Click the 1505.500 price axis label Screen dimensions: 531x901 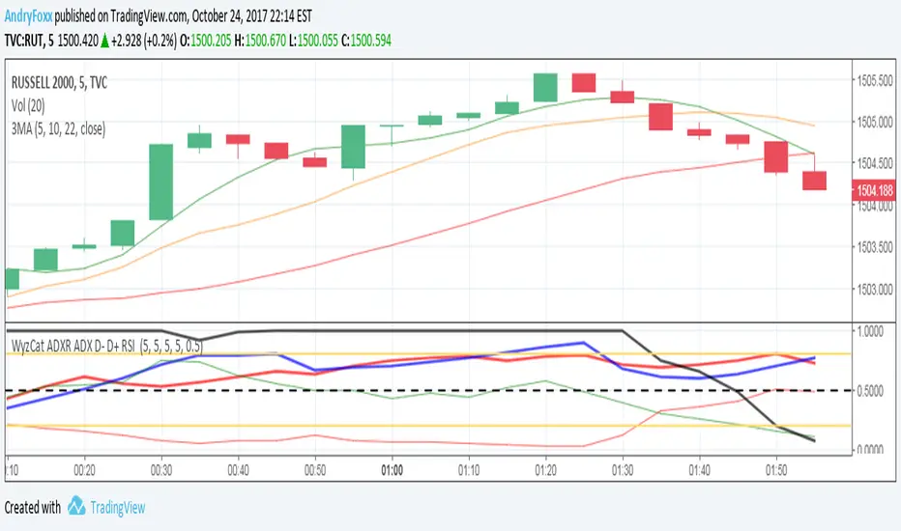875,80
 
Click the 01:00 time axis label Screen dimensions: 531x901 392,470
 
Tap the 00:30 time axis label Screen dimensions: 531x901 161,470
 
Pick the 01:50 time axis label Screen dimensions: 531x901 776,470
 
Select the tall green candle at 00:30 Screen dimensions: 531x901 160,182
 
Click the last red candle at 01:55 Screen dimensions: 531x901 814,181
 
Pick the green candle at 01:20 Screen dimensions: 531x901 544,87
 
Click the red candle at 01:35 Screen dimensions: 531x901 660,117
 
